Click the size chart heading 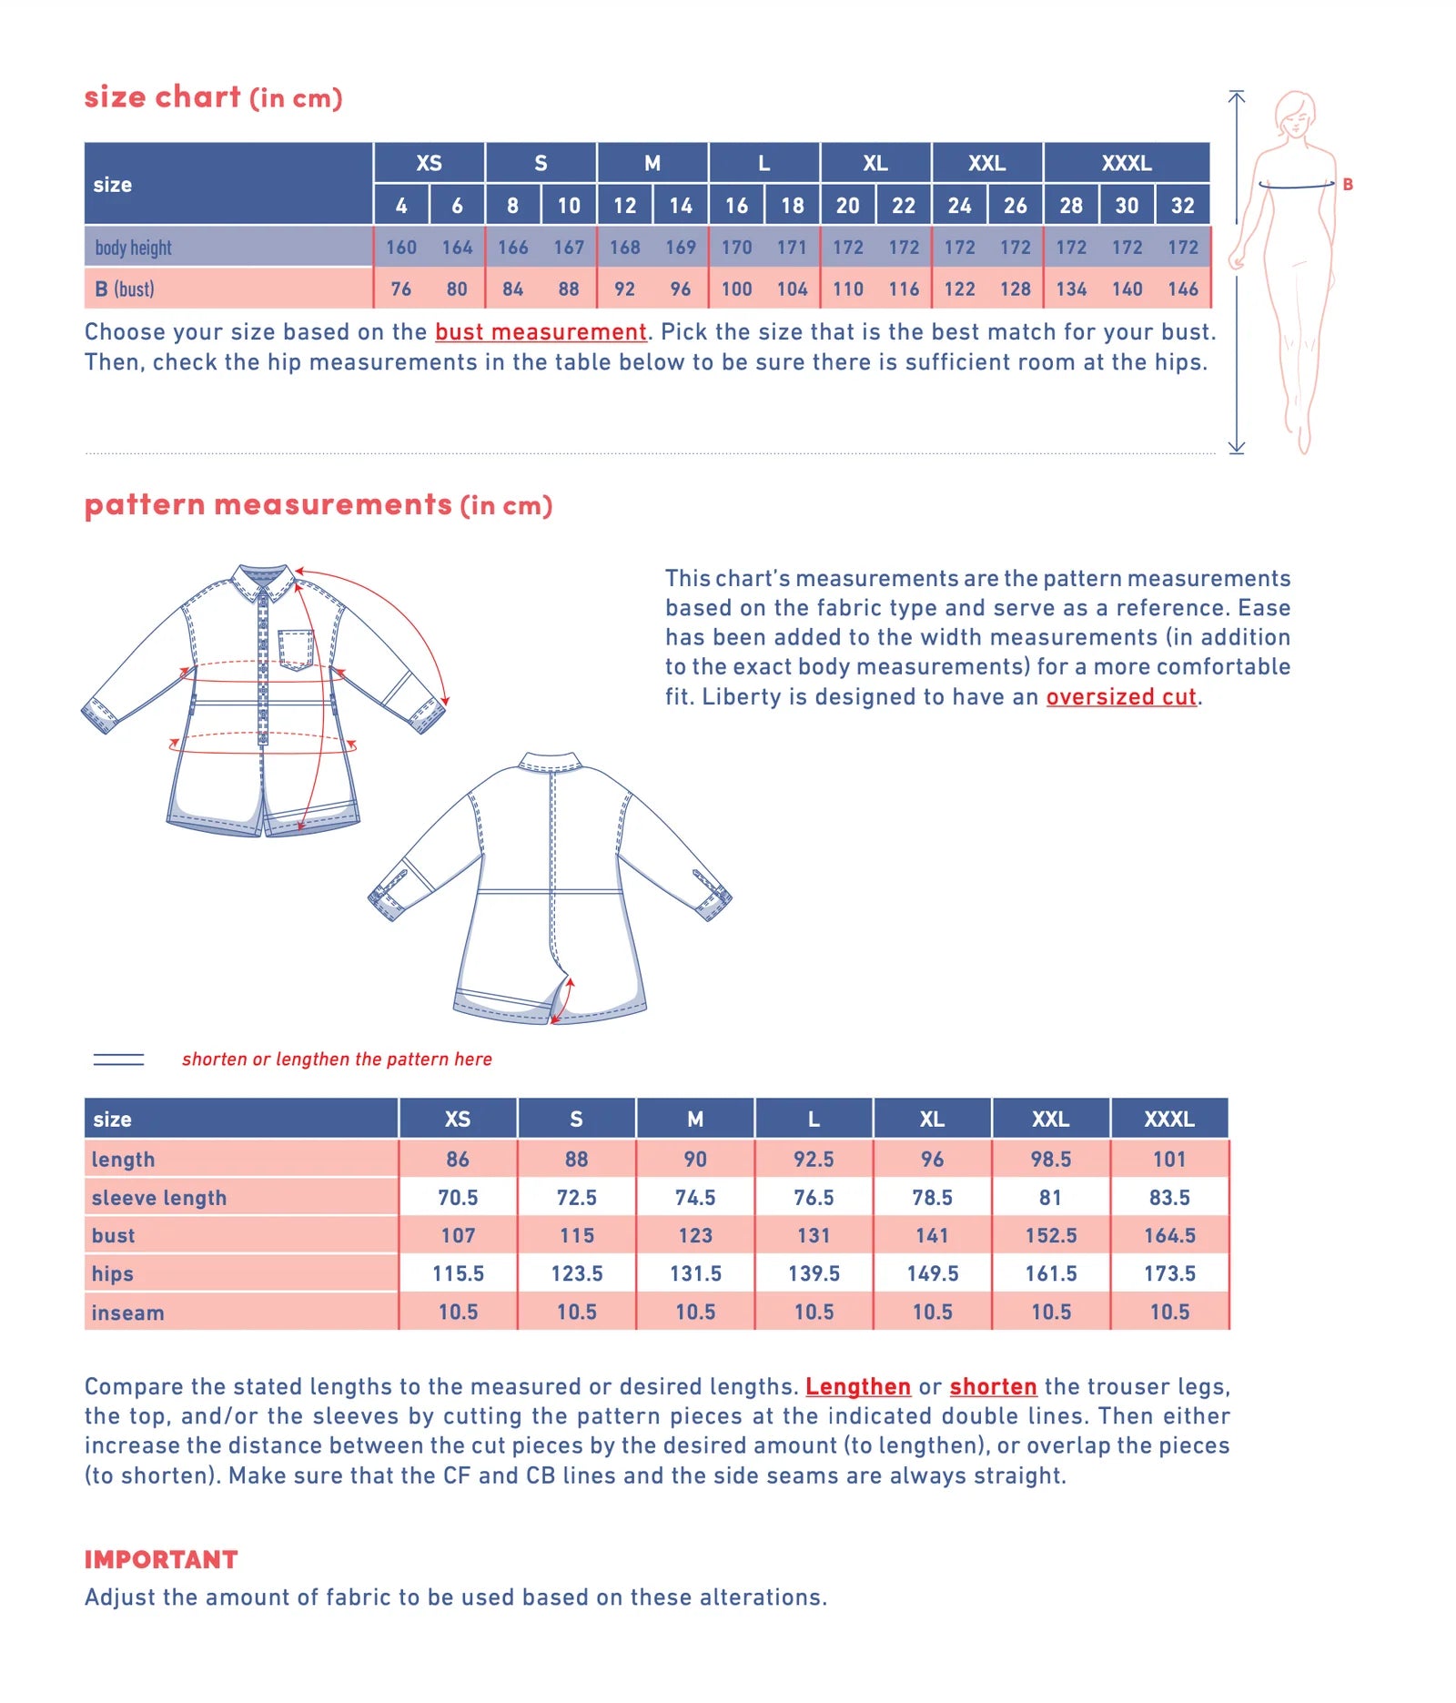[x=213, y=97]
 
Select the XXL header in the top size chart [x=986, y=163]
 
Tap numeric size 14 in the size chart [x=681, y=206]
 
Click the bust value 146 [x=1182, y=289]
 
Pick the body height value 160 [x=400, y=248]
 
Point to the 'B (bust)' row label [x=125, y=289]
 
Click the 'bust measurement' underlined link [x=541, y=332]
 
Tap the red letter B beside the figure [x=1348, y=185]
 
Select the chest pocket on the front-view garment [x=295, y=648]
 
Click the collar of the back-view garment [x=550, y=762]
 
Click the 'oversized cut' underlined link [x=1120, y=697]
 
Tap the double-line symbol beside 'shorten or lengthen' [x=118, y=1059]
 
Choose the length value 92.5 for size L [x=814, y=1160]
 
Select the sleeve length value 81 [x=1050, y=1198]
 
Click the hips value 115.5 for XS [x=458, y=1273]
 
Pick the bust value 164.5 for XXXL [x=1169, y=1236]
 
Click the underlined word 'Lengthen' [x=857, y=1386]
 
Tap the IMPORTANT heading [x=161, y=1559]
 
